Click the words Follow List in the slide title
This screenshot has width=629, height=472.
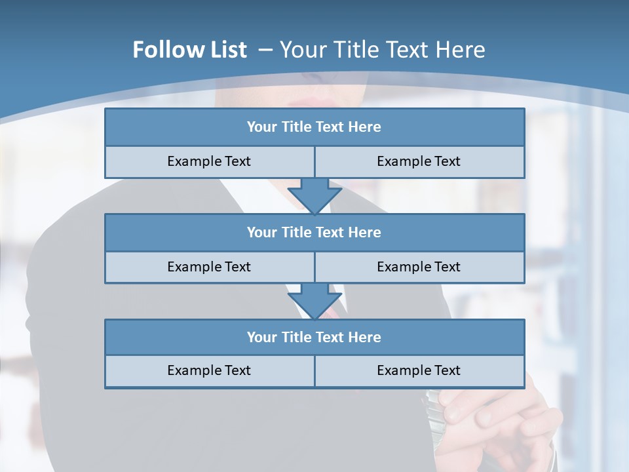[x=189, y=50]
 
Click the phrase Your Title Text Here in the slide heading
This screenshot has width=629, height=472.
[x=382, y=50]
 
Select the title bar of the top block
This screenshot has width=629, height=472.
[x=314, y=127]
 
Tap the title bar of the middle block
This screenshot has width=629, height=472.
[x=314, y=232]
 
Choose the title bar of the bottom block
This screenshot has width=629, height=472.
[x=314, y=337]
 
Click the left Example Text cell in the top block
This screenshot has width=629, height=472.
[x=209, y=161]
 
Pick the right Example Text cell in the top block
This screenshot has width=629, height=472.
[x=419, y=161]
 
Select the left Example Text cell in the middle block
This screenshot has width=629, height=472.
[x=209, y=267]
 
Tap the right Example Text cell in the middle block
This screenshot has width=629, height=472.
[x=419, y=267]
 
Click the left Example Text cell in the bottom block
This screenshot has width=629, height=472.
[x=209, y=370]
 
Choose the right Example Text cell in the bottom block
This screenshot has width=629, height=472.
[x=419, y=370]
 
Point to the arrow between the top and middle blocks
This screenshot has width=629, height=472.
[x=314, y=195]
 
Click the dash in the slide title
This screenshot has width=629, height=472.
[x=266, y=50]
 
